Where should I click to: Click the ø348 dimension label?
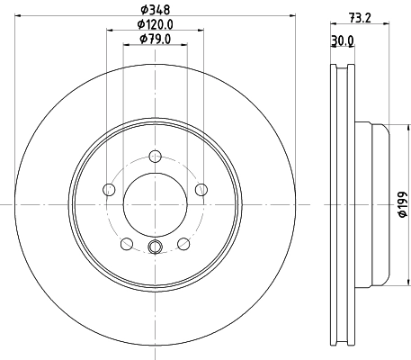[x=156, y=10]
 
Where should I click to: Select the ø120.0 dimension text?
[x=156, y=24]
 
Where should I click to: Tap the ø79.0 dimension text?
[x=156, y=39]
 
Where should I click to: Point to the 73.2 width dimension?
[x=360, y=18]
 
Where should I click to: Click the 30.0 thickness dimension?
[x=343, y=40]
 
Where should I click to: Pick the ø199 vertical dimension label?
[x=403, y=204]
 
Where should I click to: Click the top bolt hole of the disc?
[x=155, y=157]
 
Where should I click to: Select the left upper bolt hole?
[x=109, y=190]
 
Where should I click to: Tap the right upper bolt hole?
[x=201, y=190]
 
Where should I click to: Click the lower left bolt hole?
[x=127, y=244]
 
